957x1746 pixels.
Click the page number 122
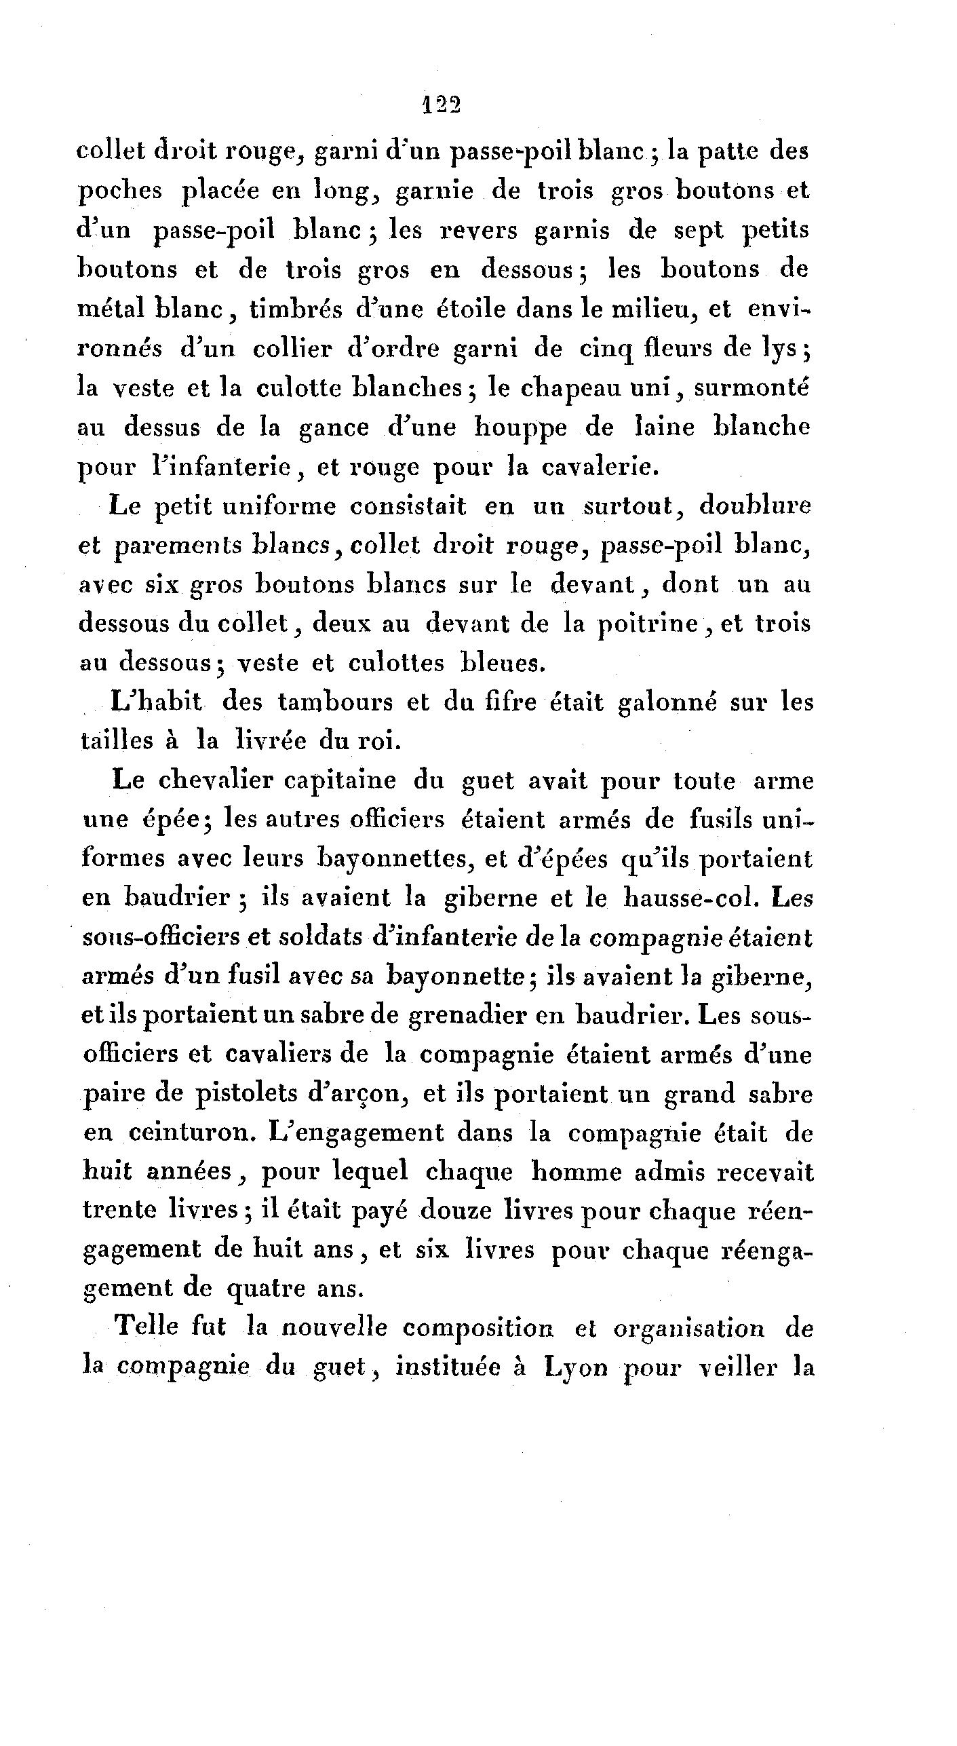coord(441,106)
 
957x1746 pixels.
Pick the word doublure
coord(755,507)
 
